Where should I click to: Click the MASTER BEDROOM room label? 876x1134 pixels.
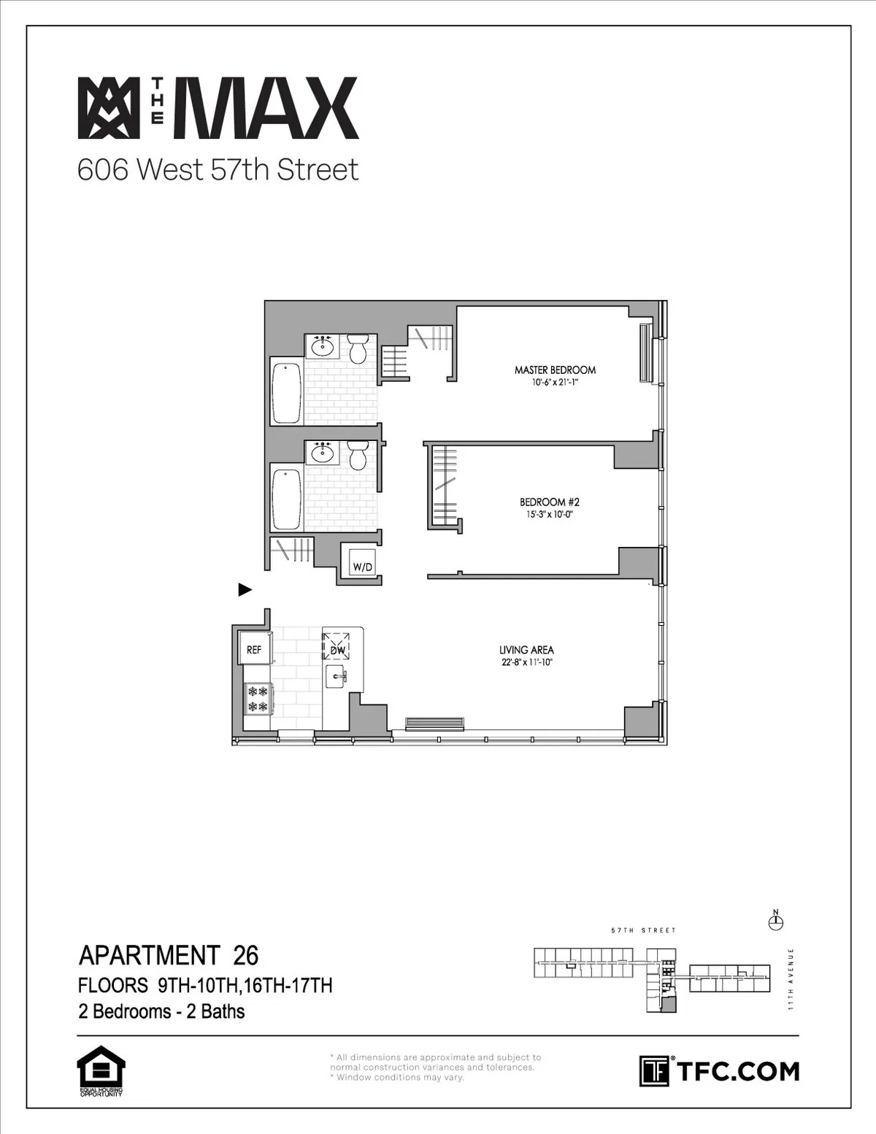point(555,370)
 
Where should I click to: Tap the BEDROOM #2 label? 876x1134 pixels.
point(549,502)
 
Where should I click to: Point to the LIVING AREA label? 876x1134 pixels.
point(526,650)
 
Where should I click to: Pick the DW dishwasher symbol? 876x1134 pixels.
point(337,648)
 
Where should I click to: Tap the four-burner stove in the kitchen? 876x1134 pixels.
point(258,699)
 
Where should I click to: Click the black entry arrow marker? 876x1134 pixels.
point(245,589)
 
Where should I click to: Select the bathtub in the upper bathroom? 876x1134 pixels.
point(287,391)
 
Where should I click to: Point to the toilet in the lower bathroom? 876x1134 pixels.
point(358,454)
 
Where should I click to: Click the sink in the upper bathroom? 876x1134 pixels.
point(322,345)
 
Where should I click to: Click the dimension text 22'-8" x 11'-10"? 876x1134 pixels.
point(526,663)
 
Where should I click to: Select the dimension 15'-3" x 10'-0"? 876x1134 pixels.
point(549,515)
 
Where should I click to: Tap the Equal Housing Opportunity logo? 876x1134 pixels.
point(101,1070)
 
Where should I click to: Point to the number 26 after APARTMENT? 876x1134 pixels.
point(246,955)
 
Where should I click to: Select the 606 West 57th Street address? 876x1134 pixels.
point(218,170)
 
